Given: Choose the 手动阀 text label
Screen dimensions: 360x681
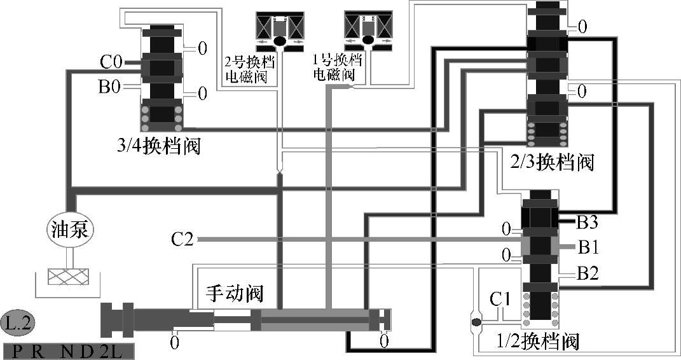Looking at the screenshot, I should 234,293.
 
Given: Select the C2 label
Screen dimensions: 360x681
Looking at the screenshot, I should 182,240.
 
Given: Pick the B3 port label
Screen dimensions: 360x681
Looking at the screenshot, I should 587,222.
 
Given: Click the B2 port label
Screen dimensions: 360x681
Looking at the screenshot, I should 587,274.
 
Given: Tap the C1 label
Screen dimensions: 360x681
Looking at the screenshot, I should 501,298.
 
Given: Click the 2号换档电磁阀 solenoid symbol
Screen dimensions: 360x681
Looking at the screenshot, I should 279,31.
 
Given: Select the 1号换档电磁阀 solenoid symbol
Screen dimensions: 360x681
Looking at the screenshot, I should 367,29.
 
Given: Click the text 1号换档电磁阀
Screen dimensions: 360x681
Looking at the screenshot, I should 336,67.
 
